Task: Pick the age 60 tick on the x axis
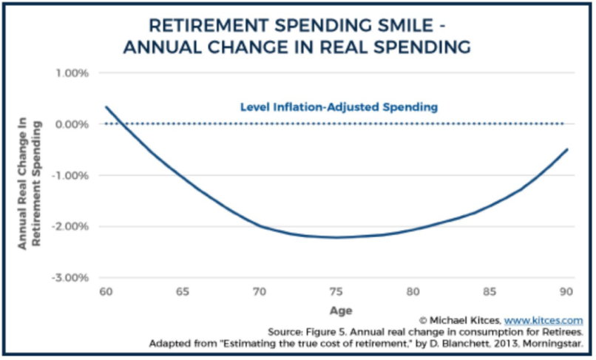106,291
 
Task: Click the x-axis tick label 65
182,291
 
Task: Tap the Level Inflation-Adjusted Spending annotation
339,107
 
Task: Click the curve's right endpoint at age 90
567,149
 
